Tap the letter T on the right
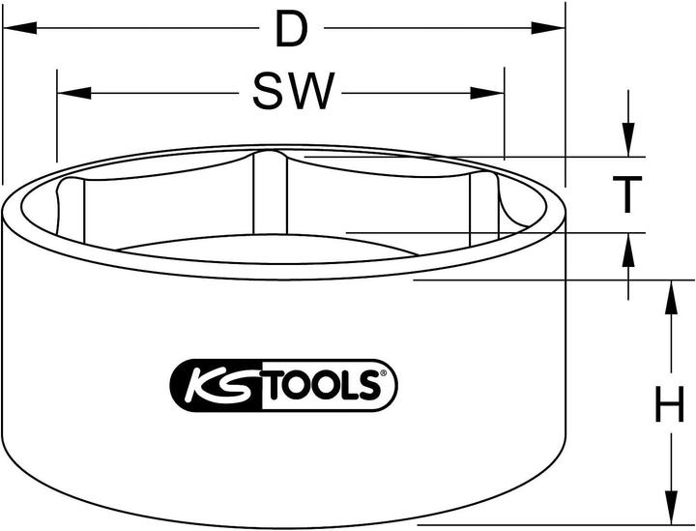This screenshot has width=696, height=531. tap(628, 194)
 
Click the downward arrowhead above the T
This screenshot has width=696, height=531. tap(628, 140)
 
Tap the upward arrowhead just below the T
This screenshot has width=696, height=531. tap(628, 248)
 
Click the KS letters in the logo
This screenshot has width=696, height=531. tap(217, 386)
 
